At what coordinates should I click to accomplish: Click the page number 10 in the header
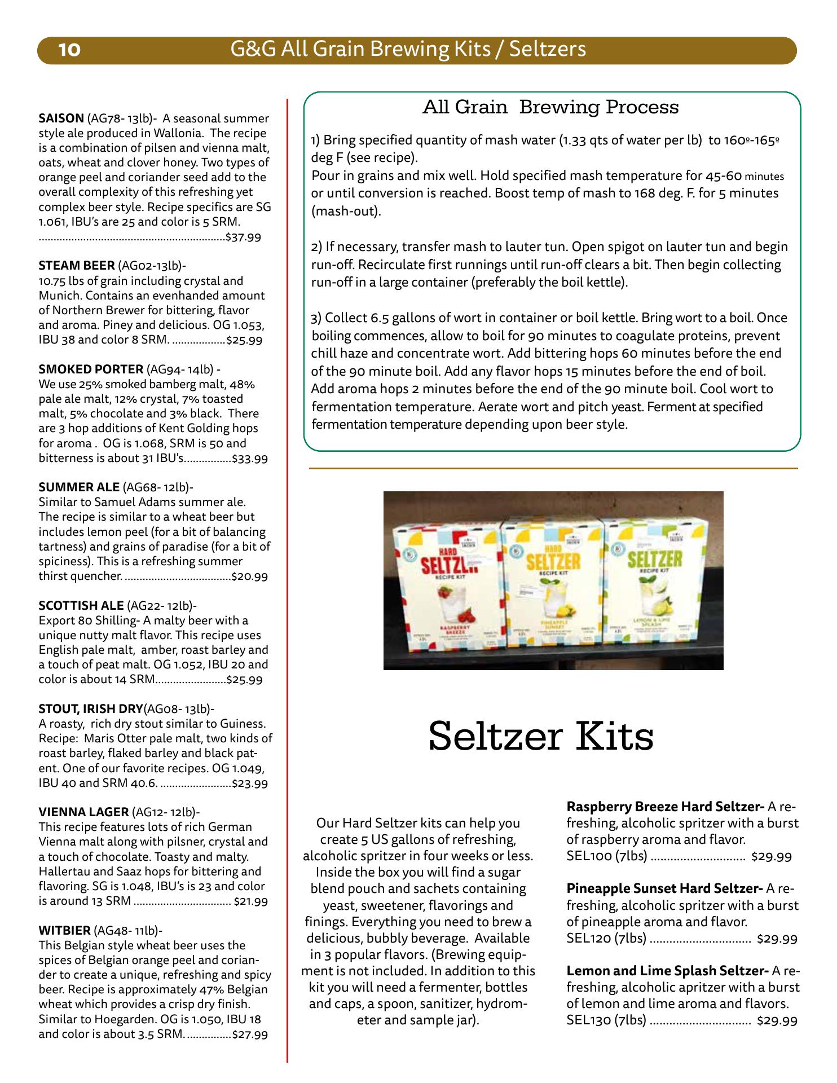pyautogui.click(x=70, y=50)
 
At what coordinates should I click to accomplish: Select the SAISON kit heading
pyautogui.click(x=61, y=119)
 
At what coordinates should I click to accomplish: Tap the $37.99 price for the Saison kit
pyautogui.click(x=243, y=237)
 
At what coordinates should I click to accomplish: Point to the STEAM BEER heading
pyautogui.click(x=77, y=266)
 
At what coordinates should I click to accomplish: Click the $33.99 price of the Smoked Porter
pyautogui.click(x=250, y=459)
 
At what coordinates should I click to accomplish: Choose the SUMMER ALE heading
pyautogui.click(x=79, y=487)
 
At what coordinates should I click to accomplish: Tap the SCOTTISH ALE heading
pyautogui.click(x=81, y=606)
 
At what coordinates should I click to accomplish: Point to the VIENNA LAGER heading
pyautogui.click(x=83, y=812)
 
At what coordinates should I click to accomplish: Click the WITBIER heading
pyautogui.click(x=64, y=931)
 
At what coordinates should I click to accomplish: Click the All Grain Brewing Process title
pyautogui.click(x=550, y=107)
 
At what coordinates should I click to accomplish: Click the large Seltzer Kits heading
pyautogui.click(x=541, y=736)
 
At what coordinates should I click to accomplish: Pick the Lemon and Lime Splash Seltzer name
pyautogui.click(x=667, y=971)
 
